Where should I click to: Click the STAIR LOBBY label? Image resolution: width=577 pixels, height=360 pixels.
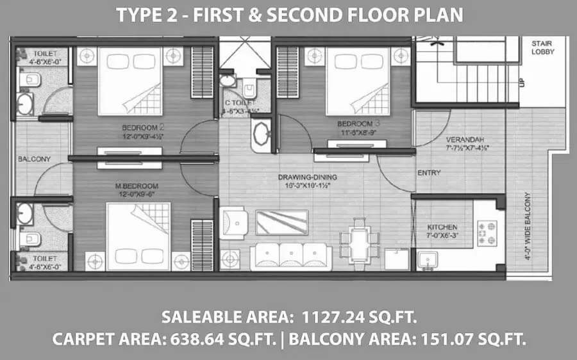tap(543, 47)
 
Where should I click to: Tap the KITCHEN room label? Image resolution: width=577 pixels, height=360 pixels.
tap(442, 227)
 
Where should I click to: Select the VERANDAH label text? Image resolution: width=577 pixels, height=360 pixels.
tap(465, 139)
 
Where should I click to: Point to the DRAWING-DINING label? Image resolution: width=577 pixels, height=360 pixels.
tap(308, 177)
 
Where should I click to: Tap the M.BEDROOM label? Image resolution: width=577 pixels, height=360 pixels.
tap(137, 186)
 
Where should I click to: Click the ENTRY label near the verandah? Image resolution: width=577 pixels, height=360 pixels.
tap(428, 173)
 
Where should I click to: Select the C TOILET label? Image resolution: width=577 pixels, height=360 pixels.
tap(240, 103)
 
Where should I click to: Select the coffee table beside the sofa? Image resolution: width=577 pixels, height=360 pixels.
tap(281, 222)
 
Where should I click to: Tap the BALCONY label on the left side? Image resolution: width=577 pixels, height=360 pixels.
tap(30, 158)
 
